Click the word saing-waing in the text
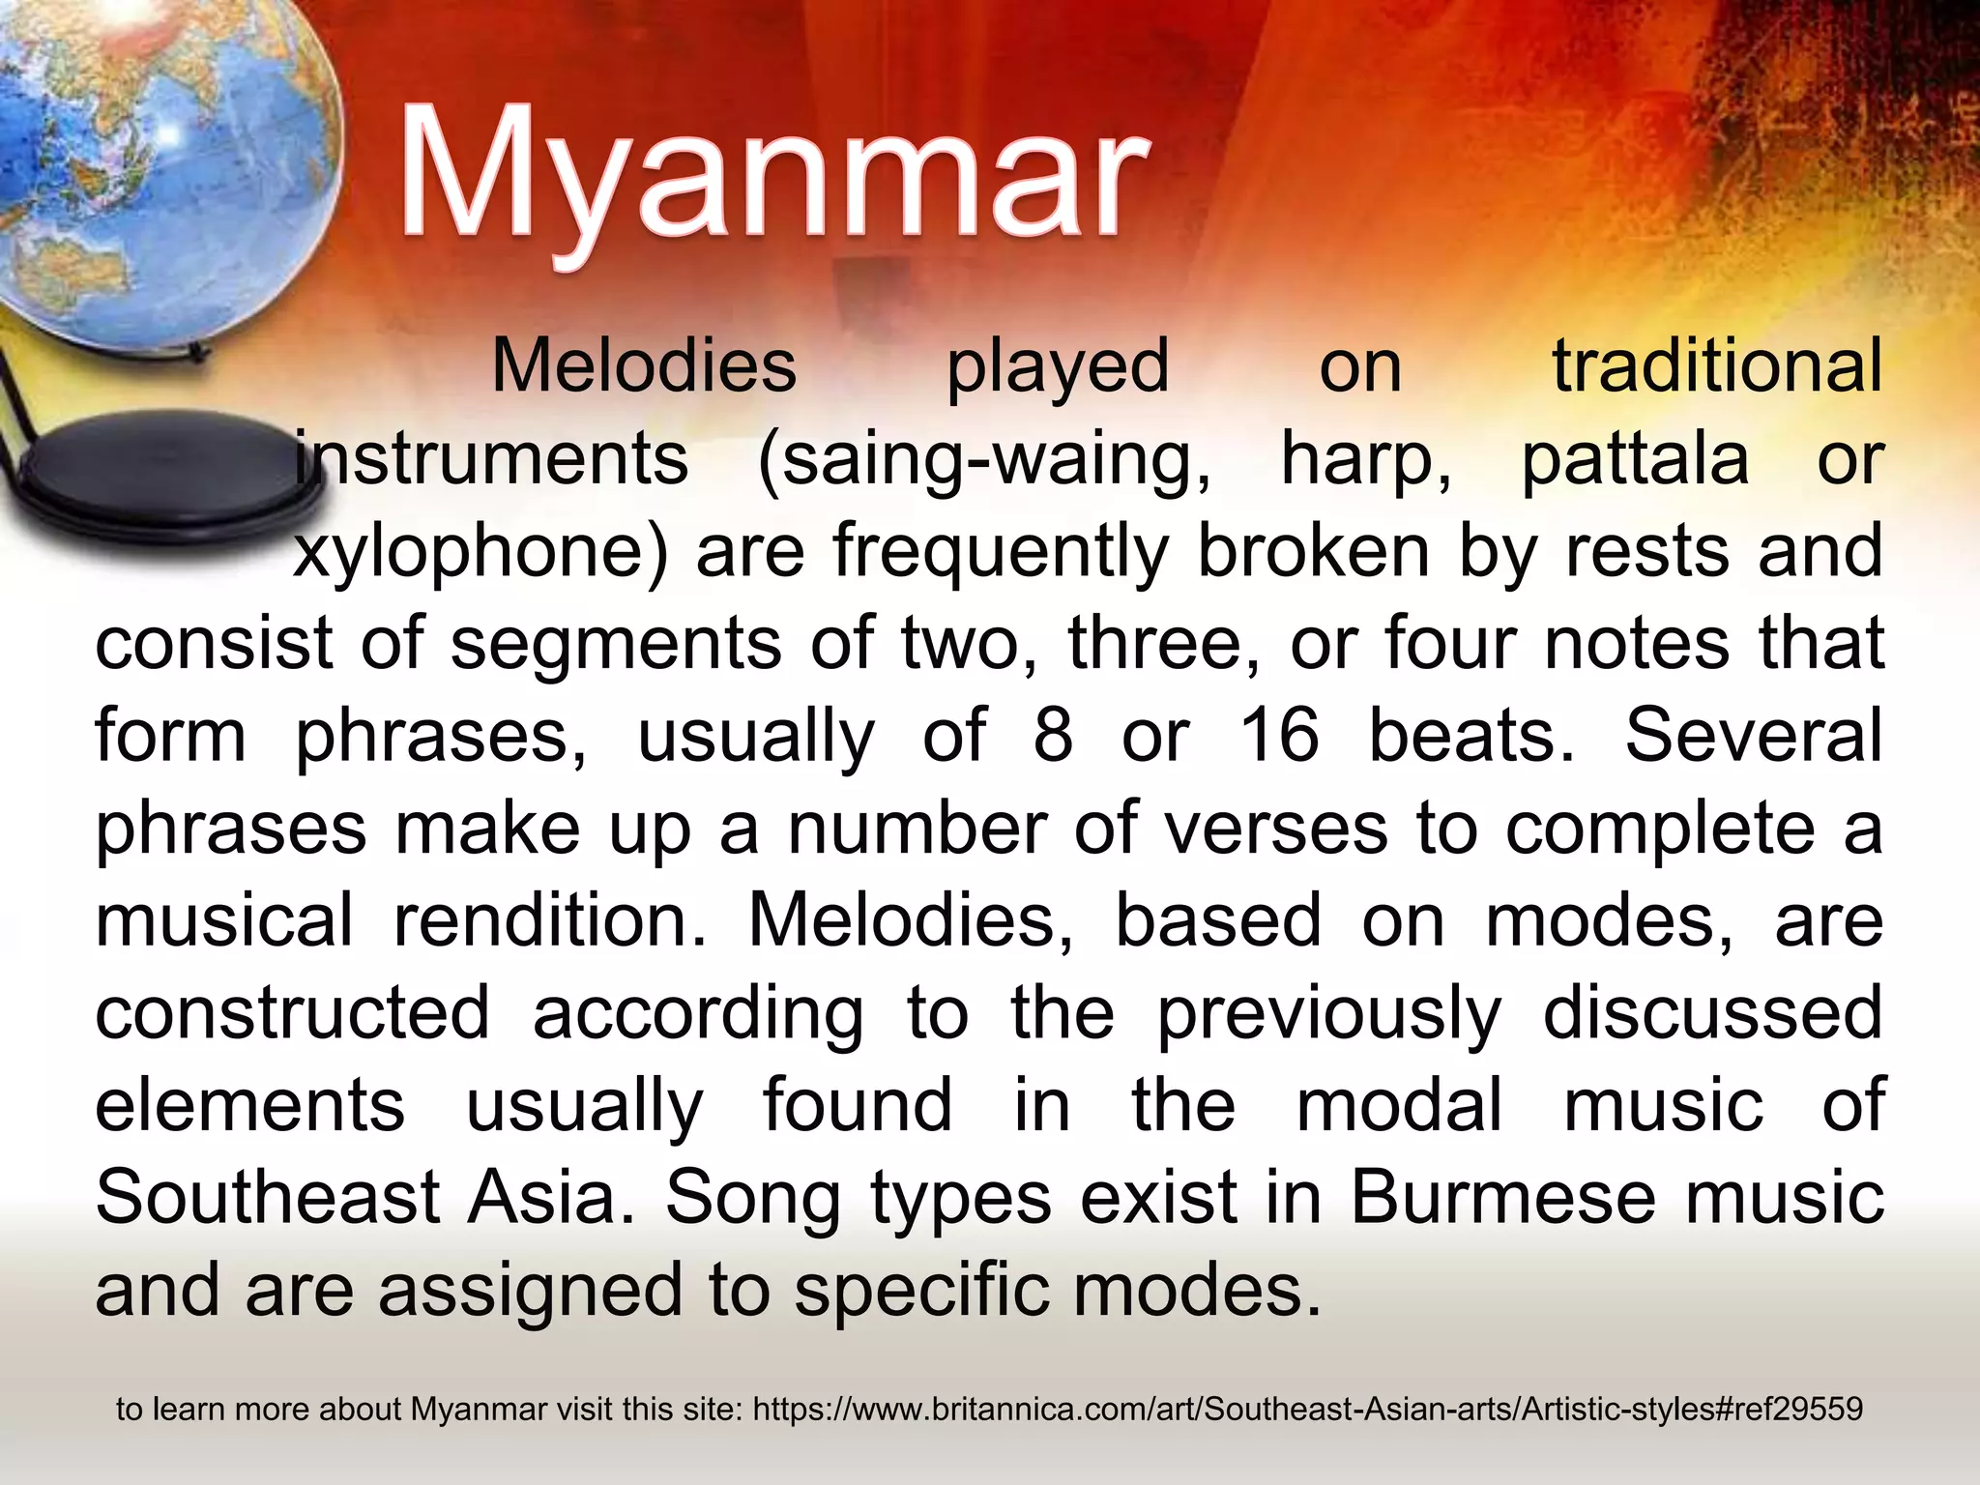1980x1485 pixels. [x=984, y=458]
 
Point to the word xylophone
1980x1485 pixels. [x=479, y=551]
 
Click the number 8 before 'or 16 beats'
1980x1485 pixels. [x=1053, y=735]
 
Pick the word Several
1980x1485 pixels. [x=1753, y=735]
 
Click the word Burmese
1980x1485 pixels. [x=1503, y=1197]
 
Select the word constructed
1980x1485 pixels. [x=293, y=1012]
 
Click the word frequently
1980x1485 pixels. [x=1001, y=551]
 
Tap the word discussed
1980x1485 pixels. [x=1712, y=1012]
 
